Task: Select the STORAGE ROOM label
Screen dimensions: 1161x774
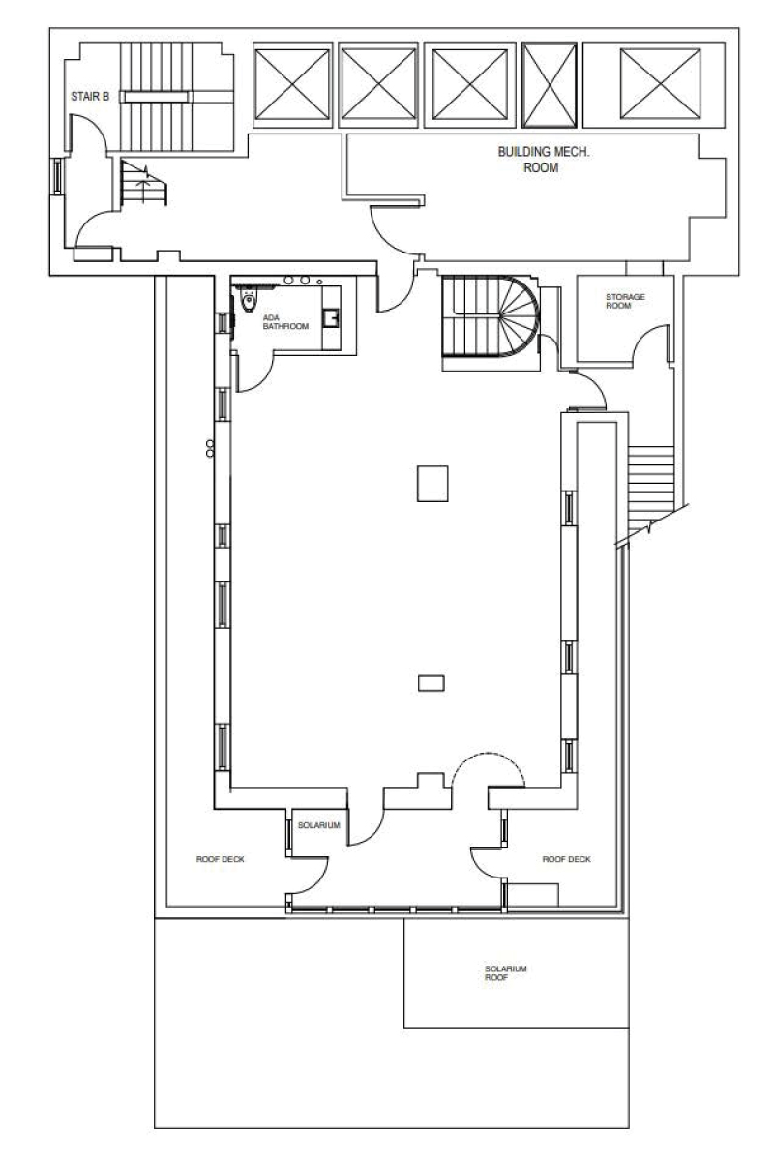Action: (x=625, y=301)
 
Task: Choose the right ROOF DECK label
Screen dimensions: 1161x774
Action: (x=566, y=858)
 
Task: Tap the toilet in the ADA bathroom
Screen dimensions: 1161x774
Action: (x=249, y=301)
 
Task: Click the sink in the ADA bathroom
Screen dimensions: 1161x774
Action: (x=332, y=315)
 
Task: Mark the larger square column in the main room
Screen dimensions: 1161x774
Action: (x=432, y=483)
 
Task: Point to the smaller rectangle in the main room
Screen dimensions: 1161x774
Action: (x=431, y=683)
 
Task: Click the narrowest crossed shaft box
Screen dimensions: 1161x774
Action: (x=551, y=84)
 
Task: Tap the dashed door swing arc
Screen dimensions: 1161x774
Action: (x=490, y=767)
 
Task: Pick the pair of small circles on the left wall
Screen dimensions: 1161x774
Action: (x=209, y=448)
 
